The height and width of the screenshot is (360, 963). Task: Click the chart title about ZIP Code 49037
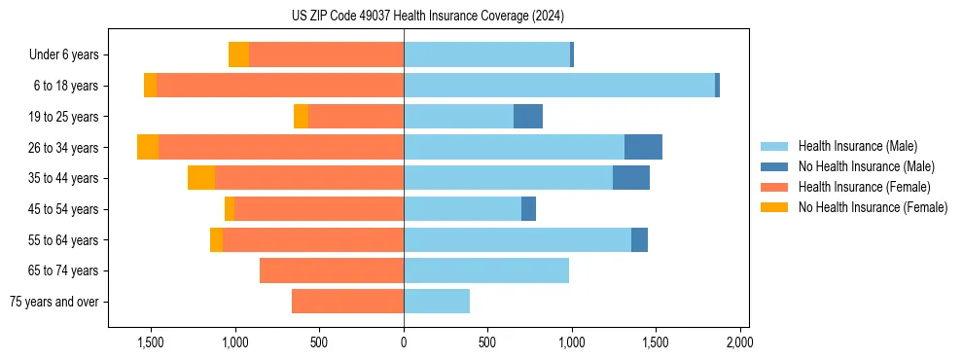(427, 17)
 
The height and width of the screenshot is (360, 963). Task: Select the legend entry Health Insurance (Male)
(857, 146)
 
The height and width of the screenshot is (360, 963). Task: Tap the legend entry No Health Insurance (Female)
(873, 207)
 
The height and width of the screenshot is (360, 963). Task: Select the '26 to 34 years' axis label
(64, 148)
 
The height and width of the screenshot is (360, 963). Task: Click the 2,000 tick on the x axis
(739, 343)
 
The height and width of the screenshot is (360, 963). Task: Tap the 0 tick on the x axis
(404, 343)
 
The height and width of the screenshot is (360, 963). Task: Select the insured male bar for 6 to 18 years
(559, 86)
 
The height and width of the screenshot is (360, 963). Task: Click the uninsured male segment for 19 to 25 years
(528, 117)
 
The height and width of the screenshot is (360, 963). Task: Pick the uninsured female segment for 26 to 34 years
(148, 147)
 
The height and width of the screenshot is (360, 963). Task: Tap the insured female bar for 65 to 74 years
(332, 270)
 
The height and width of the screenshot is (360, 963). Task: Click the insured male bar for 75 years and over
(437, 302)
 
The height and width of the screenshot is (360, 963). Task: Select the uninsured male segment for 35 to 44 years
(631, 178)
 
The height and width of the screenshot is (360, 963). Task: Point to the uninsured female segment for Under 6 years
(238, 55)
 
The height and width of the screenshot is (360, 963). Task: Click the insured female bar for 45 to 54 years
(319, 209)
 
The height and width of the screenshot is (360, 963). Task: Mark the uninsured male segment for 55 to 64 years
(639, 239)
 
